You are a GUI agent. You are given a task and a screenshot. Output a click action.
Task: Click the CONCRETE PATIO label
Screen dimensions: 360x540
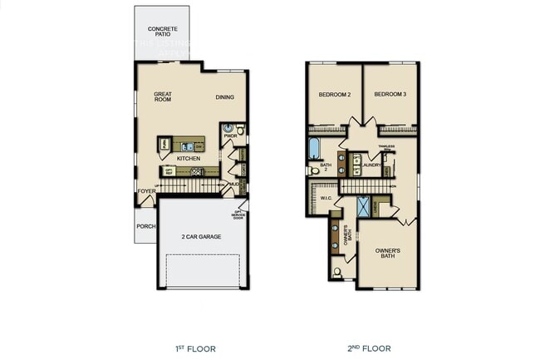click(x=162, y=32)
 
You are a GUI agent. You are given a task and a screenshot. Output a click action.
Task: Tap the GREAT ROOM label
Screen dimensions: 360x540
click(x=163, y=96)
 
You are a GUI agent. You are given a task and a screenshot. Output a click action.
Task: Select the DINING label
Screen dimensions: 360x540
click(x=224, y=97)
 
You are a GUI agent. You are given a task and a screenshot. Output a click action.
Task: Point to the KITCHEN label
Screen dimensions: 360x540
click(x=188, y=158)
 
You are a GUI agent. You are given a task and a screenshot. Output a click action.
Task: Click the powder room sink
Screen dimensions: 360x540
click(x=228, y=130)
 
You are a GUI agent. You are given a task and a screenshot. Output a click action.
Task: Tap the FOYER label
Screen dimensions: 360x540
click(x=147, y=191)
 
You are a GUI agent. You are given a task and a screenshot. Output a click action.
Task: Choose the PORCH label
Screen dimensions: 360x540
click(x=145, y=225)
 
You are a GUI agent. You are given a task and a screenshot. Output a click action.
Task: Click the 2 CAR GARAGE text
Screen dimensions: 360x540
click(x=202, y=237)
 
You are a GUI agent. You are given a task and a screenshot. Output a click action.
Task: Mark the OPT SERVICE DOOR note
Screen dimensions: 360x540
click(x=238, y=215)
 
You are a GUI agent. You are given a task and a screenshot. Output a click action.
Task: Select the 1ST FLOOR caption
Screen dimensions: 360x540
click(x=197, y=348)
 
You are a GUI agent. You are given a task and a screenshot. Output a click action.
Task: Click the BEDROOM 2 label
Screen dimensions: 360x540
click(x=334, y=95)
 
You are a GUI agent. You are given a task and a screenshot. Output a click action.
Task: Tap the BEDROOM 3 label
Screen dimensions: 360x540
click(x=390, y=95)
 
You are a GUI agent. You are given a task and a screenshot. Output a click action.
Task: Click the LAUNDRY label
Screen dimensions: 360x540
click(x=372, y=165)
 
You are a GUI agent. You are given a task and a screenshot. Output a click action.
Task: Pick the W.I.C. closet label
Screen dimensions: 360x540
click(x=326, y=199)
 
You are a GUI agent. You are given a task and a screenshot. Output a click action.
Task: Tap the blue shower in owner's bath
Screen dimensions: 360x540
click(x=364, y=206)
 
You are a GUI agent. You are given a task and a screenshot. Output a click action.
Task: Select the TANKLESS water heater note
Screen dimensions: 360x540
click(x=385, y=147)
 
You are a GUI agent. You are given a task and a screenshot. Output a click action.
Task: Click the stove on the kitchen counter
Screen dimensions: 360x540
click(x=197, y=172)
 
